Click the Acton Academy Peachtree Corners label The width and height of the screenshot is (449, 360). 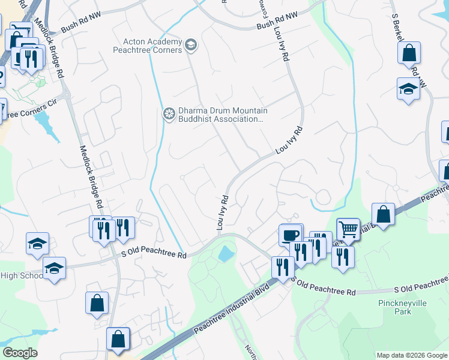(152, 46)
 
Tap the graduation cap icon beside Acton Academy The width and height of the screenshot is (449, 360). (191, 44)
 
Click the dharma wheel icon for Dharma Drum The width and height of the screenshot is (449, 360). (169, 113)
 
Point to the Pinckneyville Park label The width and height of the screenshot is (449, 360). (402, 308)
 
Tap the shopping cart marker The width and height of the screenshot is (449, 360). (348, 229)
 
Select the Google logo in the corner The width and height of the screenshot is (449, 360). (20, 353)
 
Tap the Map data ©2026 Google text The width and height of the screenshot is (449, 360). (411, 355)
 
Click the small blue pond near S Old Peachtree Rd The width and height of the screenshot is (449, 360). (226, 253)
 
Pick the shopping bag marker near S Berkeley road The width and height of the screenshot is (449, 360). (409, 53)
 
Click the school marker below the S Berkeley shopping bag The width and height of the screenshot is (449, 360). (408, 89)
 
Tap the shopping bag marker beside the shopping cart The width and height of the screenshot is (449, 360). (383, 214)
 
